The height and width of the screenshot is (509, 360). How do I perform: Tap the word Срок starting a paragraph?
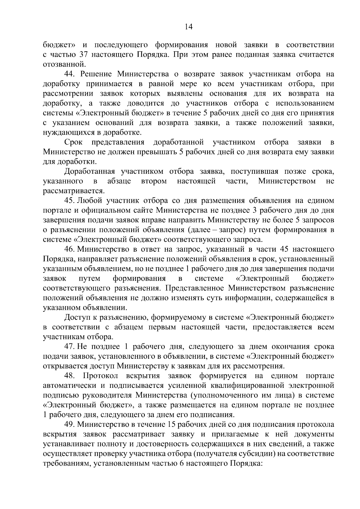pyautogui.click(x=73, y=142)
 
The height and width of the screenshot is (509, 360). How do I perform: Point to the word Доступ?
pyautogui.click(x=77, y=317)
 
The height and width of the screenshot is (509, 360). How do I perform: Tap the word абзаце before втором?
pyautogui.click(x=119, y=181)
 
